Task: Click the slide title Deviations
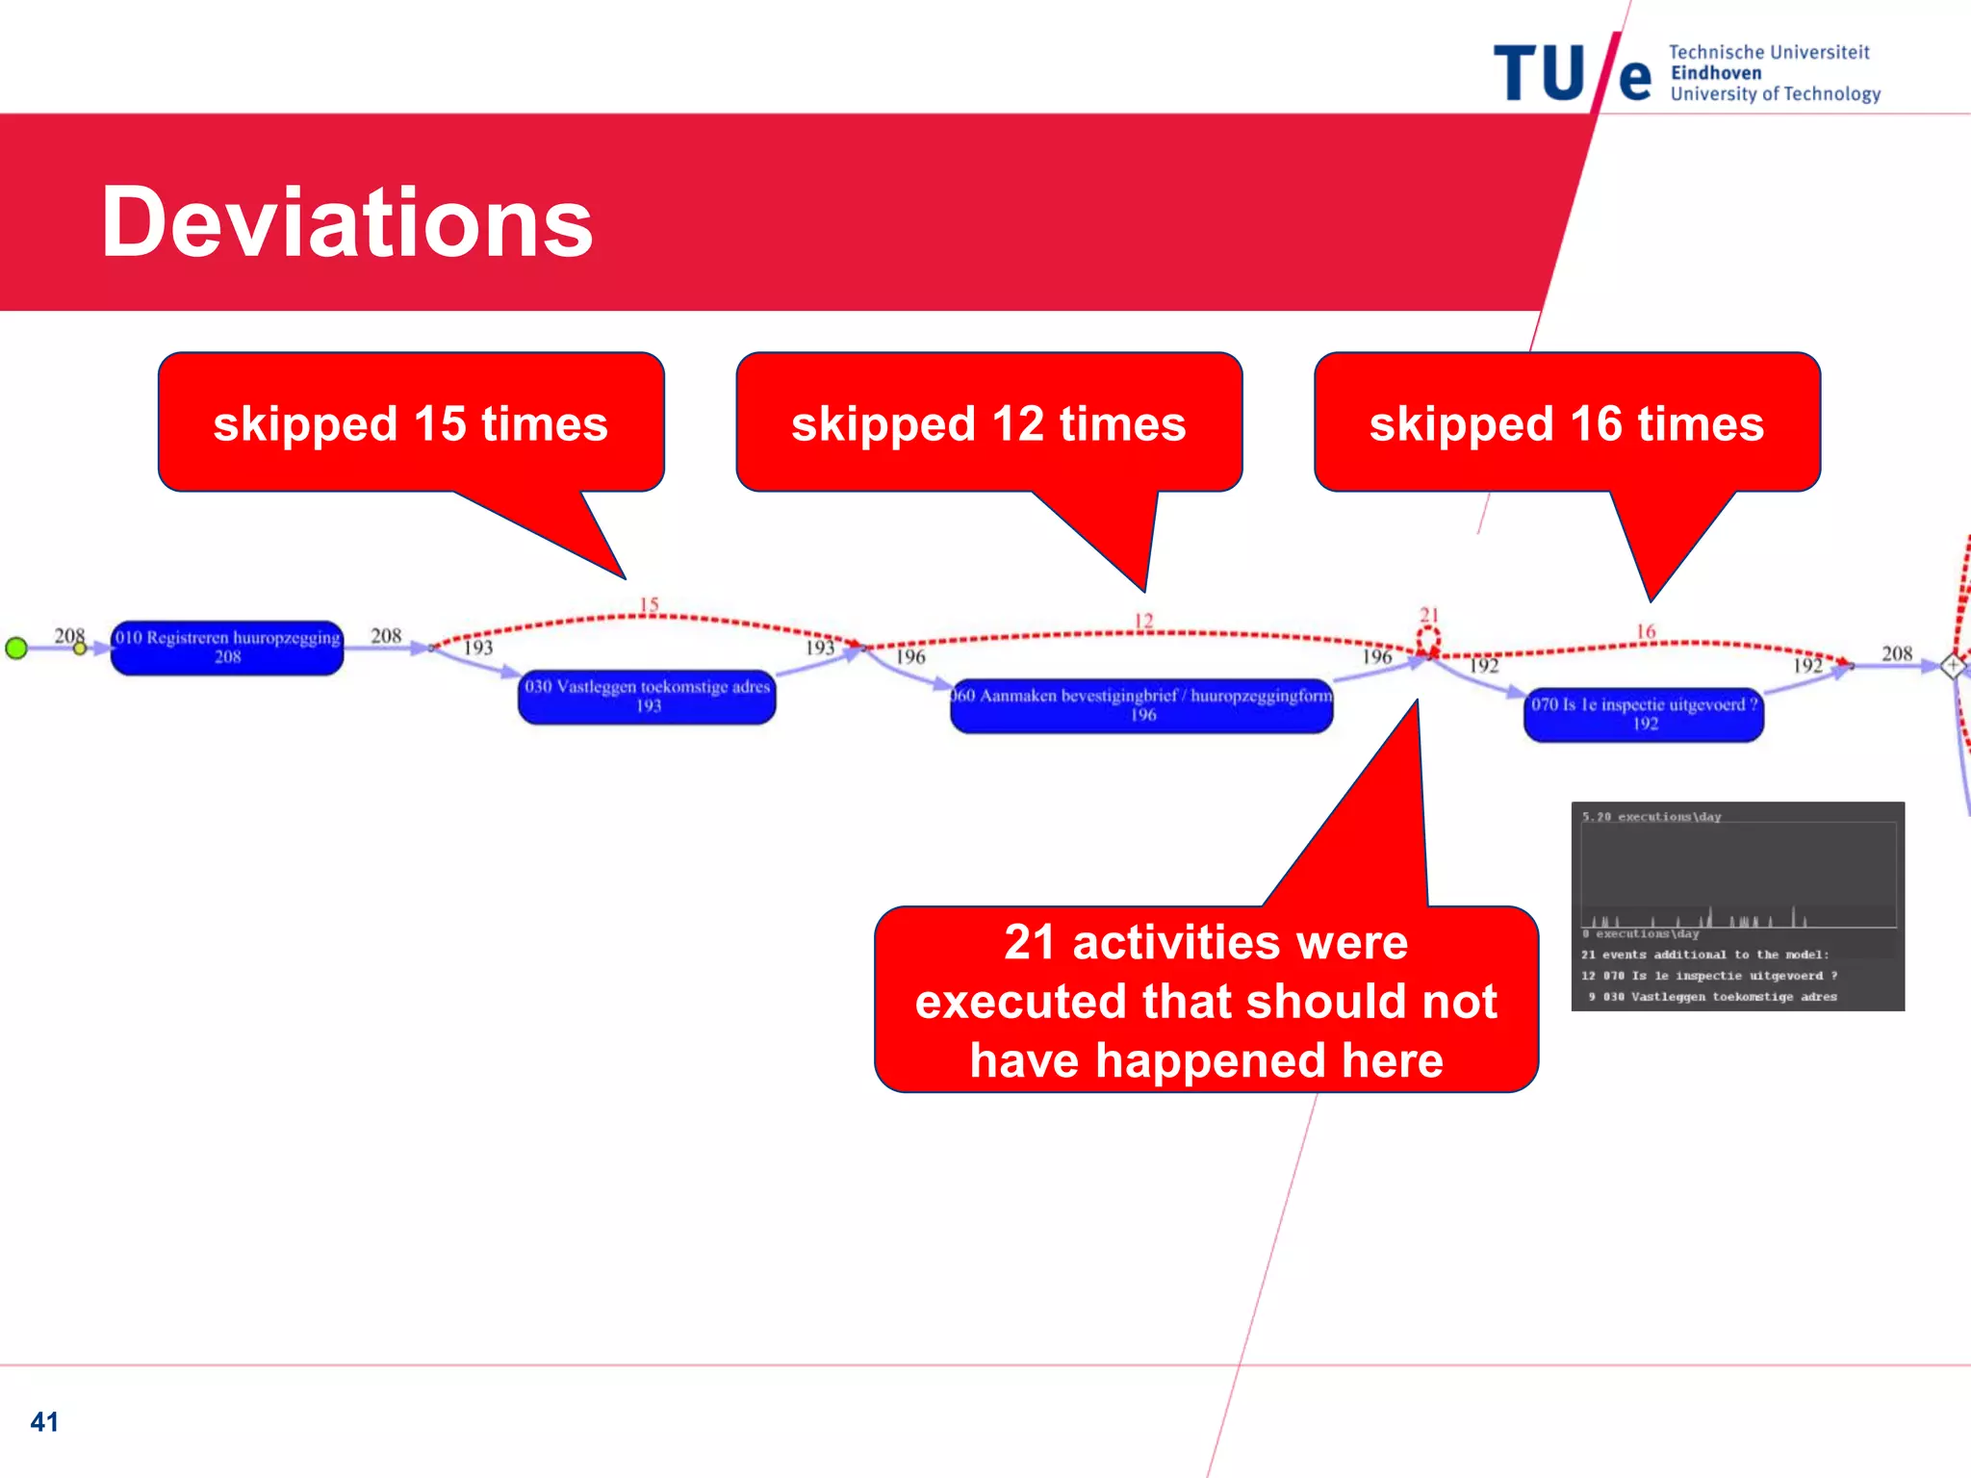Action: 346,222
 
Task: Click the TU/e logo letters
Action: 1571,73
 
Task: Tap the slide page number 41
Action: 44,1421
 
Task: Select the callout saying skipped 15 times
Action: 411,423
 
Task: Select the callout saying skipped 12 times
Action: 988,423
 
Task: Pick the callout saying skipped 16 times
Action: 1567,423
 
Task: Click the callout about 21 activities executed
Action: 1206,1001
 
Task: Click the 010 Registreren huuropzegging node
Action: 227,648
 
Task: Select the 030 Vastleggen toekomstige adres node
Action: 647,697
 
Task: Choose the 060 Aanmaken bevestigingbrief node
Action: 1142,705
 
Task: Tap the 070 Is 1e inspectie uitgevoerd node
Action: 1644,714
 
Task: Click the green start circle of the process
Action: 16,648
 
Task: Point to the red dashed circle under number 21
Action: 1429,638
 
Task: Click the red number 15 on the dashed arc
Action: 650,604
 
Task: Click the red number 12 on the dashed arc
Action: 1143,621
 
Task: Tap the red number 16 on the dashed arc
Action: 1647,631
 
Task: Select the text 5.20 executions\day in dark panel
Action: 1651,817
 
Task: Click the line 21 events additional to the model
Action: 1704,955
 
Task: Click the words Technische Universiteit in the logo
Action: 1769,52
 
